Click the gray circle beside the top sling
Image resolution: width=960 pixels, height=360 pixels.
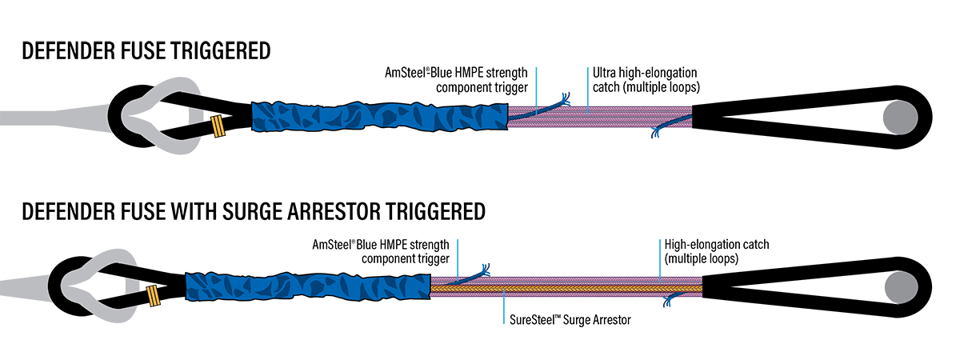[899, 117]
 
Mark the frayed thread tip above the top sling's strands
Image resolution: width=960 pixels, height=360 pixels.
[566, 98]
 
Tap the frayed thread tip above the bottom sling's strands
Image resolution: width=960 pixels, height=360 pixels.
[485, 269]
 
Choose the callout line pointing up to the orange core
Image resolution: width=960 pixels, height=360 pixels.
[504, 308]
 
